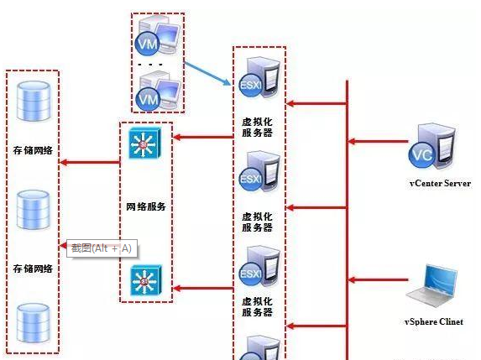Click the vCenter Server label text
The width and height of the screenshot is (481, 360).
[439, 183]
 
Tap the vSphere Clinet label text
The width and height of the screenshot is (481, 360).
[434, 321]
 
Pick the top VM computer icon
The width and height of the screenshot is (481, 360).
[157, 37]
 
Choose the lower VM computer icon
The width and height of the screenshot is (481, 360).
[157, 91]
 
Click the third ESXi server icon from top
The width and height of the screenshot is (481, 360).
[258, 268]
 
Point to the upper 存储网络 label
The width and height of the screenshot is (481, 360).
[33, 151]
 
